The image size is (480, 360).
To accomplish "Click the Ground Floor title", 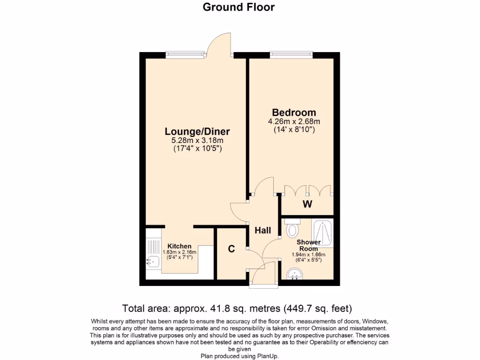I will click(239, 7).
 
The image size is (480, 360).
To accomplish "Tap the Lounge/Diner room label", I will click(197, 131).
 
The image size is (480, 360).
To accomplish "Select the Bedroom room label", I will click(294, 112).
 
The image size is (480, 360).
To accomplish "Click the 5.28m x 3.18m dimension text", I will click(197, 141).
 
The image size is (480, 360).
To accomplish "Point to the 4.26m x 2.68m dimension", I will click(294, 121).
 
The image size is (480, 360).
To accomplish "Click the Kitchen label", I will click(180, 246).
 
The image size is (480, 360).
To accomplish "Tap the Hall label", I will click(262, 230).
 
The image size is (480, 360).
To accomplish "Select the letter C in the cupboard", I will click(231, 249).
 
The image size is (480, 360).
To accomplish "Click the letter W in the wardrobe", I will click(307, 204).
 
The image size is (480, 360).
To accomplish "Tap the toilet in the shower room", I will click(292, 229).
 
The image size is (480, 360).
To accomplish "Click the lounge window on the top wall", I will click(186, 55).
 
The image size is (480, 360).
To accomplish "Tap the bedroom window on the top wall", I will click(291, 55).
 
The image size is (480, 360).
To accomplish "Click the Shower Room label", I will click(308, 245).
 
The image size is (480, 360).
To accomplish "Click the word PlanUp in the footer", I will click(267, 356).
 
